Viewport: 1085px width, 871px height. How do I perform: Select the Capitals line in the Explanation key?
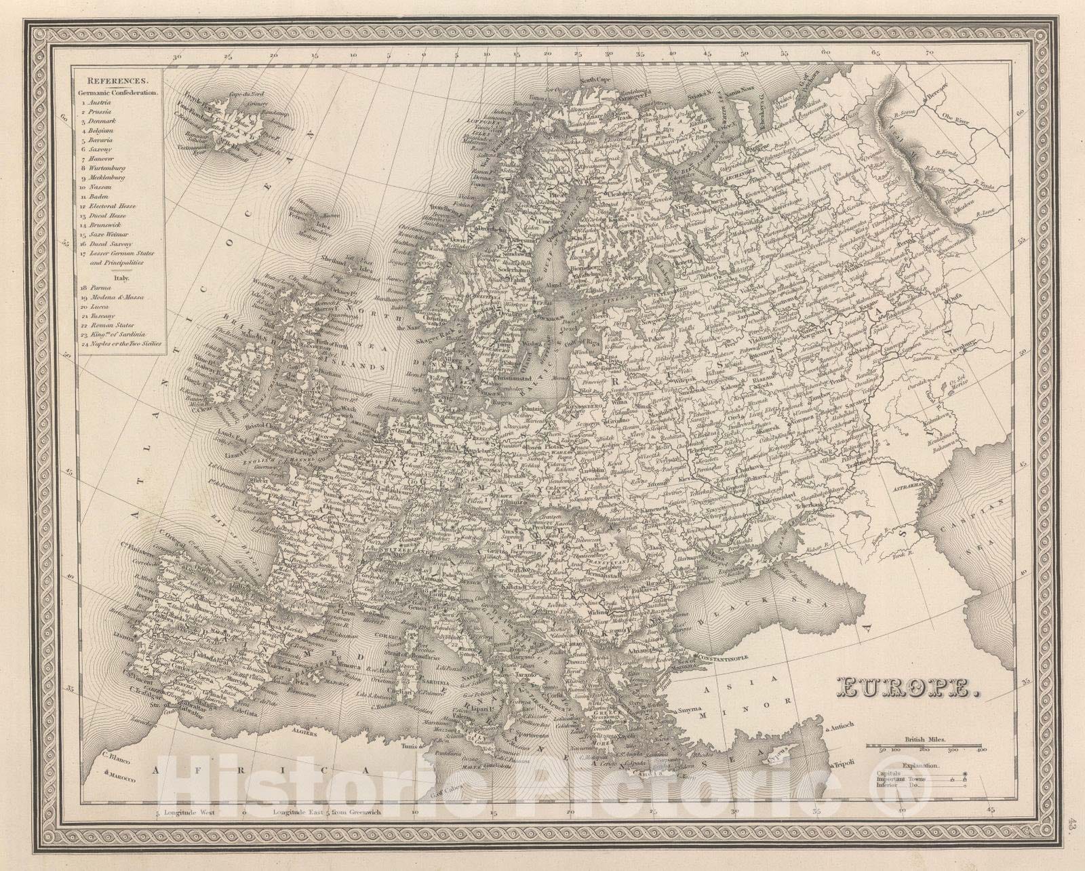(889, 773)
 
